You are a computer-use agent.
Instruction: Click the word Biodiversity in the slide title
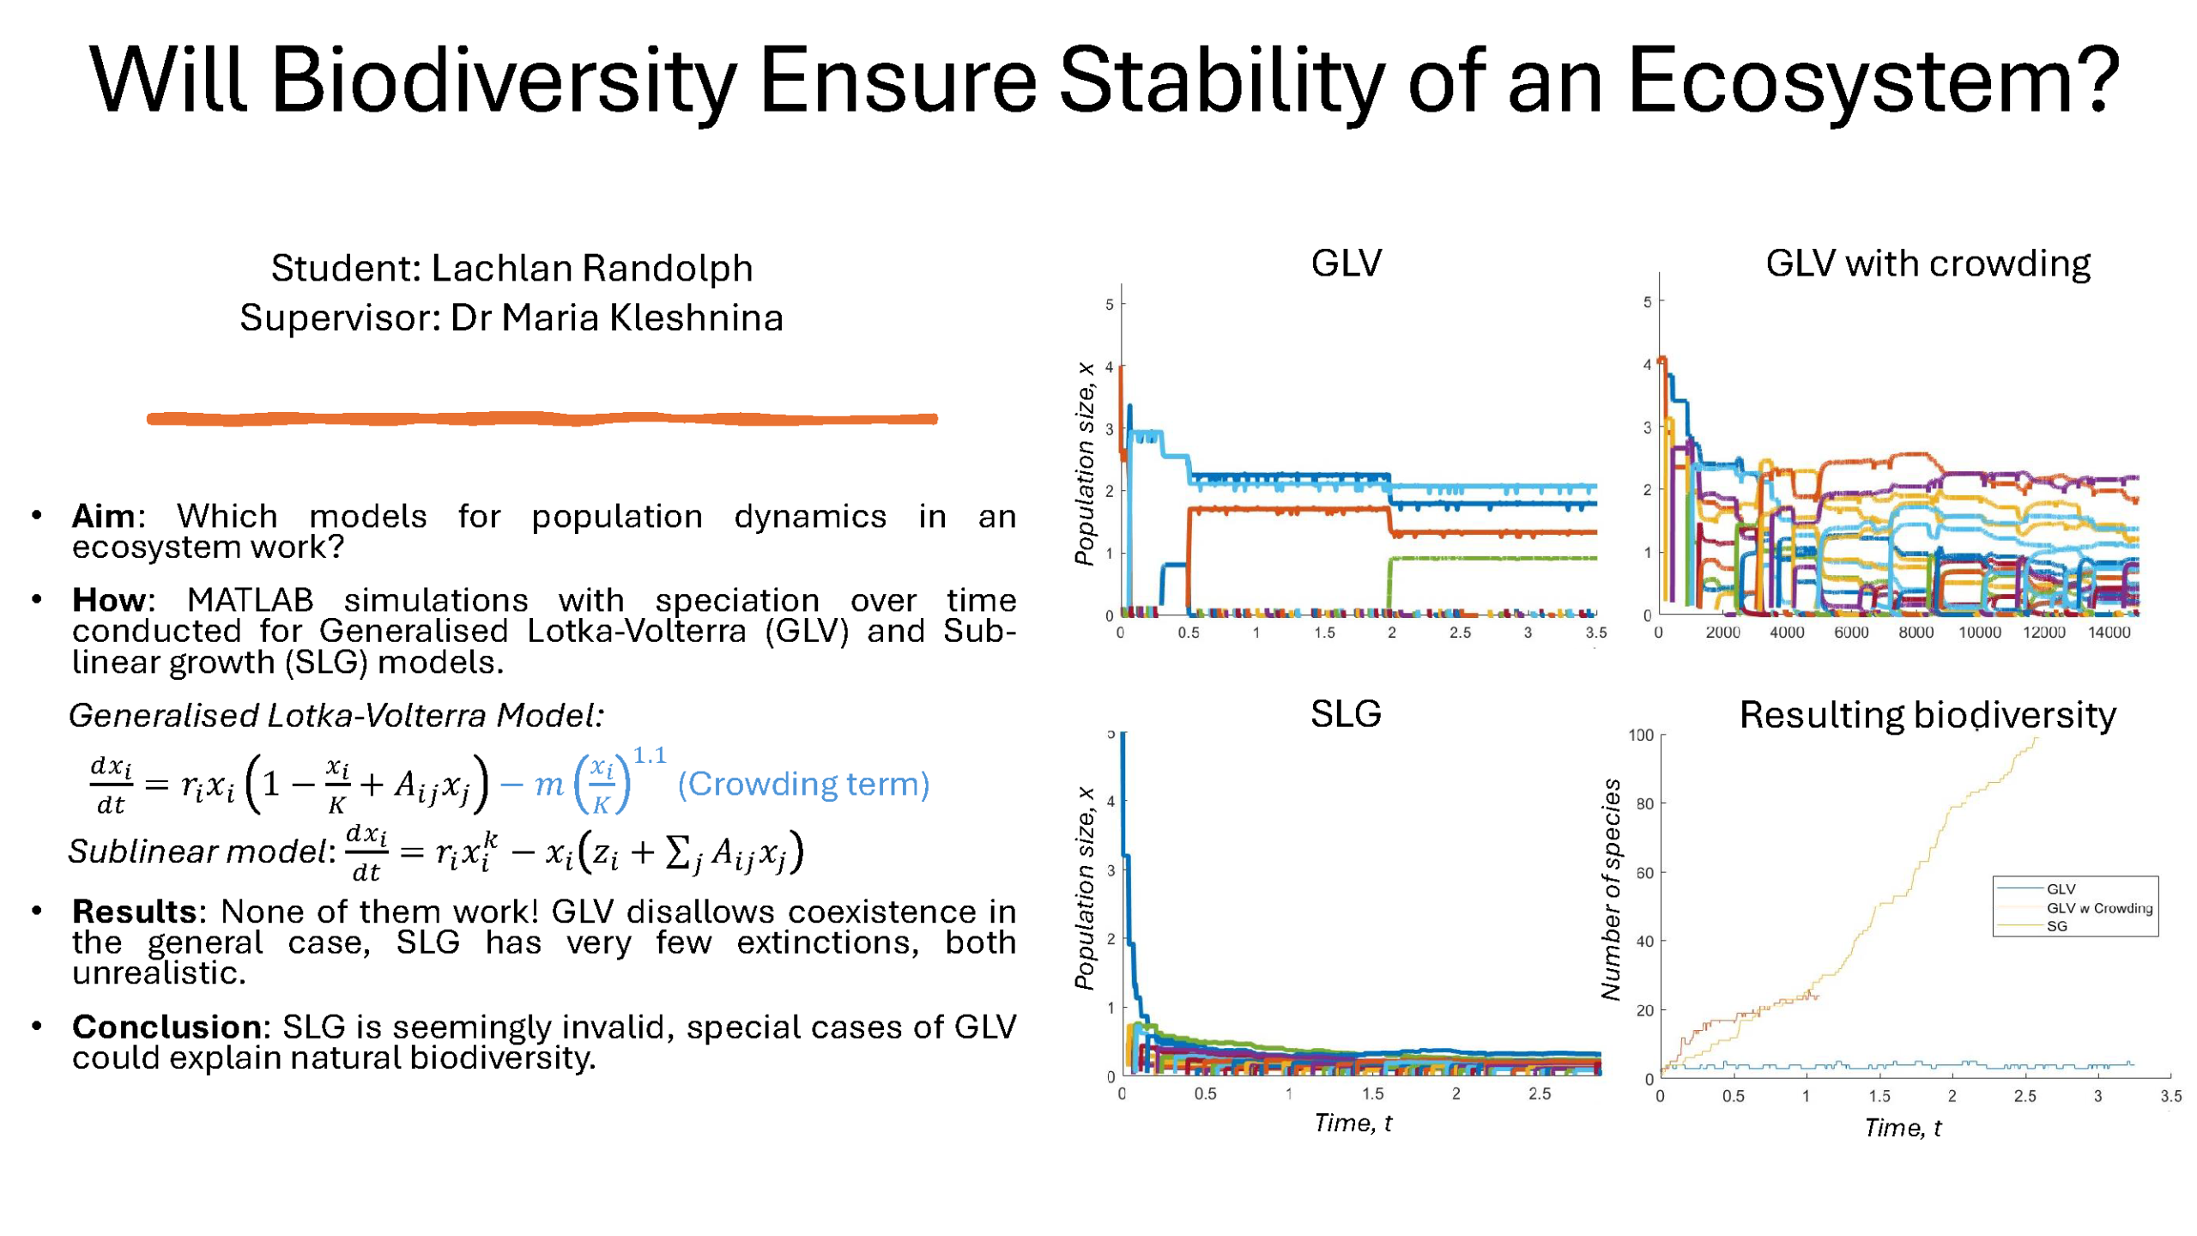(x=503, y=82)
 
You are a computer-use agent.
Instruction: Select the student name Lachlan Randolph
(x=591, y=268)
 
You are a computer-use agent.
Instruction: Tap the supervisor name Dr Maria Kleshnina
(x=616, y=318)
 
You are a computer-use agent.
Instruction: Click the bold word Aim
(x=103, y=516)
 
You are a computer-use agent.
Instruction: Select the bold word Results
(x=135, y=911)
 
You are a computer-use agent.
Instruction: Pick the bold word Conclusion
(x=166, y=1027)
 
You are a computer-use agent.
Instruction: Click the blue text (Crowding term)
(x=803, y=784)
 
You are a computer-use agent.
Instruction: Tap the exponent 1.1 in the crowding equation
(x=649, y=755)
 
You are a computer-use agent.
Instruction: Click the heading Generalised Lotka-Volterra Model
(x=336, y=715)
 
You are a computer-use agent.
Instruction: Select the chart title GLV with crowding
(x=1928, y=264)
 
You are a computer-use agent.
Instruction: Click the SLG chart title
(x=1346, y=714)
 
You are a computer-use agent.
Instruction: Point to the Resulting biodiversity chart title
(x=1928, y=715)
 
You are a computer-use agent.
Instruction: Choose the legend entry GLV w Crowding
(x=2099, y=908)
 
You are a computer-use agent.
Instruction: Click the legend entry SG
(x=2057, y=926)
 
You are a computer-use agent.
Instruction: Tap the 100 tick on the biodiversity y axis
(x=1640, y=735)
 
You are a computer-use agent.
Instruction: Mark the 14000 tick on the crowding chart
(x=2109, y=633)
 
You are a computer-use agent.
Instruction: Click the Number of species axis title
(x=1611, y=889)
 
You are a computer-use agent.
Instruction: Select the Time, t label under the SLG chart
(x=1353, y=1123)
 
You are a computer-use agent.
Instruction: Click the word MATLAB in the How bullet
(x=251, y=600)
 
